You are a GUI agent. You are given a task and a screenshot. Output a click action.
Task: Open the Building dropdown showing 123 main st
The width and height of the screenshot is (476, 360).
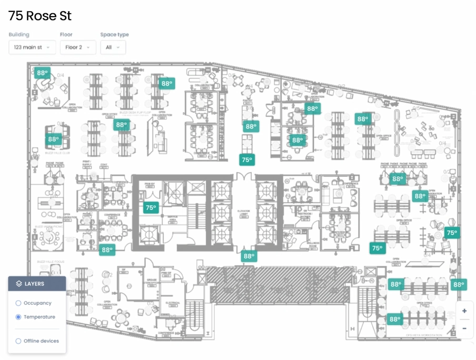coord(32,48)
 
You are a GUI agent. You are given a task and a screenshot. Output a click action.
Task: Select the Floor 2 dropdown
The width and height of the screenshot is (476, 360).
coord(78,48)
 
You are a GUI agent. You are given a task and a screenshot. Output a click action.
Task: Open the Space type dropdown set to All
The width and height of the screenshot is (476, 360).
coord(113,48)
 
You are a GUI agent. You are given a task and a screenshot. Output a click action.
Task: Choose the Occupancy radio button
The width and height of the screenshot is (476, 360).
coord(19,303)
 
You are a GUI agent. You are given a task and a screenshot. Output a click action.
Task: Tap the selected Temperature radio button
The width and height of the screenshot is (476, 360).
coord(19,317)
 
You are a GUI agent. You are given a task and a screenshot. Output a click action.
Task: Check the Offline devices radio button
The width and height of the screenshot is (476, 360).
coord(19,341)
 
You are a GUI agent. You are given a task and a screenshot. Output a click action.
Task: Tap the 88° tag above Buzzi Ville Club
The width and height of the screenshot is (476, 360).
coord(53,139)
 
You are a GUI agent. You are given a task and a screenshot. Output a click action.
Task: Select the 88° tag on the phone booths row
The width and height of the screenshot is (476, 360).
coord(397,179)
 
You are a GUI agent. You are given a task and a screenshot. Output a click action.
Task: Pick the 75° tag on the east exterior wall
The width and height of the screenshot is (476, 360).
coord(452,233)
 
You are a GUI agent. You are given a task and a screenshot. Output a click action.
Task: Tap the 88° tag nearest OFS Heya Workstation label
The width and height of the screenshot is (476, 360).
coord(395,319)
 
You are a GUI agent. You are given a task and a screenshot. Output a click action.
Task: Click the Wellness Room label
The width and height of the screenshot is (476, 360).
coord(313,244)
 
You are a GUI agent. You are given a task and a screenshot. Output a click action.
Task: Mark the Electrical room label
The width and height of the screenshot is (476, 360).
coord(173,302)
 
